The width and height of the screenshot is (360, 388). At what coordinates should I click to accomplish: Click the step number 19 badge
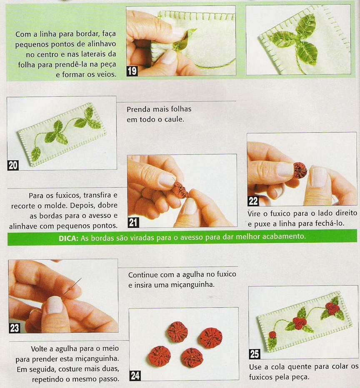coord(132,71)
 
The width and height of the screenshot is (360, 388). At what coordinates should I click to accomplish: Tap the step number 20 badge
coord(13,165)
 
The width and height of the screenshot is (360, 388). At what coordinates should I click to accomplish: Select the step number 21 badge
coord(133,222)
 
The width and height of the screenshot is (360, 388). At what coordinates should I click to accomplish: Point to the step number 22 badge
coord(253,201)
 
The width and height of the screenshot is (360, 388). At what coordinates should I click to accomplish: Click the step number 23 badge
coord(14,328)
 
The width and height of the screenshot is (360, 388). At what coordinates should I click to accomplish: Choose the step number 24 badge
coord(135,376)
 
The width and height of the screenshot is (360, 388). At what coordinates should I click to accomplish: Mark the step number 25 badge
coord(255,354)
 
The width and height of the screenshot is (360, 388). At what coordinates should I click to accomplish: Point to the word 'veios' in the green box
coord(105,74)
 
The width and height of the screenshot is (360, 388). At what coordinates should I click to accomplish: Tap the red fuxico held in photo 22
coord(300,170)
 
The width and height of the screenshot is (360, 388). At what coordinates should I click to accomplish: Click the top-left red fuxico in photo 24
coord(177,331)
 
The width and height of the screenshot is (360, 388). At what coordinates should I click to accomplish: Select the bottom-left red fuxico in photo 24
coord(160,357)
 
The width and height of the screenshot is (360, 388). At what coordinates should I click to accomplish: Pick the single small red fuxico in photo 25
coord(272,335)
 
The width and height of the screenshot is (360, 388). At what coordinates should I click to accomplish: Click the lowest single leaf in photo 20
coord(36,154)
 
